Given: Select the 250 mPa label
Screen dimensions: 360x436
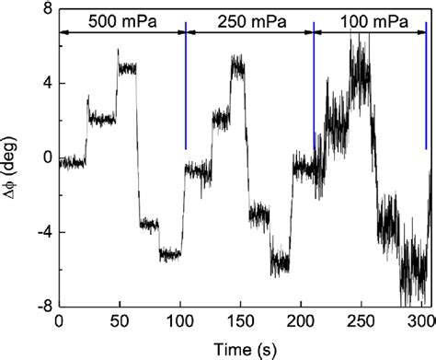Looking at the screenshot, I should tap(248, 19).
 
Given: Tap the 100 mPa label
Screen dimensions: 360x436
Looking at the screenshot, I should tap(369, 19).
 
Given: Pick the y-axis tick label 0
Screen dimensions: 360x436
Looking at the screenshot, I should tap(41, 157).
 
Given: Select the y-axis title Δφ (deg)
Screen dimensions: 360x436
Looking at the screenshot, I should tap(13, 157).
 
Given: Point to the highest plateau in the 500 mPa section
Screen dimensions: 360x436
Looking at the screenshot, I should tap(127, 68).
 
